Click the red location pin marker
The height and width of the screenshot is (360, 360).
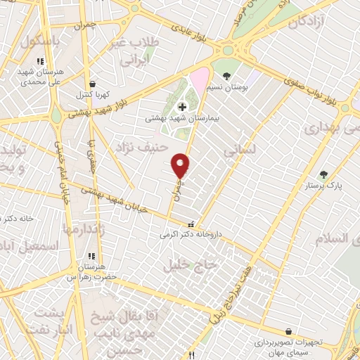point(181,166)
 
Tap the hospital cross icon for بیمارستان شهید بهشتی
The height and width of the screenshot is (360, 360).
point(183,107)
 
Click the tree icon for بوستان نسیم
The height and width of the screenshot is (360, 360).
point(226,75)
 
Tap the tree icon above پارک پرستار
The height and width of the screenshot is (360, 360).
point(323,174)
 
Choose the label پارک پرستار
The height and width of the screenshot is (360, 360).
point(323,187)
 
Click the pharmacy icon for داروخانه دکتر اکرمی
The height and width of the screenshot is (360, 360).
point(192,224)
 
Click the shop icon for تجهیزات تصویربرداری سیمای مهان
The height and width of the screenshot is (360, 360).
point(289,330)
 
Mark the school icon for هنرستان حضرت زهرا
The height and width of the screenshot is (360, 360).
point(91,256)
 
